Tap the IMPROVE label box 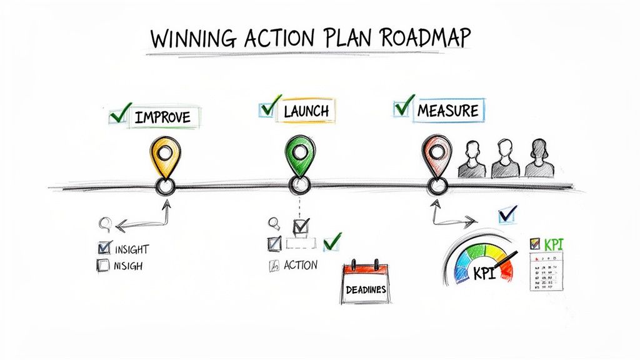(x=161, y=117)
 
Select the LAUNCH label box (x=306, y=111)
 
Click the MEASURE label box (x=447, y=111)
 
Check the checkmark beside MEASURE (x=405, y=106)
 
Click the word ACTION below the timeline (x=300, y=265)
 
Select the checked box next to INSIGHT (x=104, y=248)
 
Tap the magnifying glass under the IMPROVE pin (x=106, y=222)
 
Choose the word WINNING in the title (x=187, y=39)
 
